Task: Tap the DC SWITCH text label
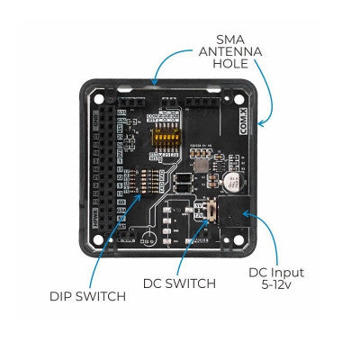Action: (x=179, y=283)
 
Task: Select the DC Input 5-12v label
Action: (x=276, y=279)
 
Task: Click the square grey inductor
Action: (x=198, y=160)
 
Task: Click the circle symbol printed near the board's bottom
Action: (x=145, y=240)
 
